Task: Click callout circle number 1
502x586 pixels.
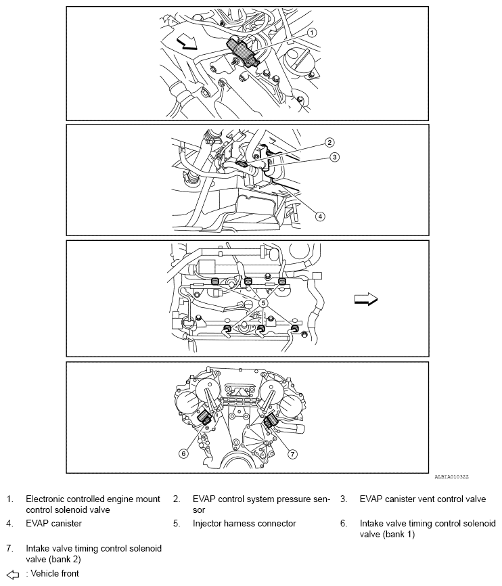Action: point(312,32)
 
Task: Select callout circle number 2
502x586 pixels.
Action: point(329,143)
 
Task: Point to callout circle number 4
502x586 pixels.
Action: point(321,217)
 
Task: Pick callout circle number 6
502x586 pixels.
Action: point(183,453)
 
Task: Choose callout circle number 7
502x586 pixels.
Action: point(293,453)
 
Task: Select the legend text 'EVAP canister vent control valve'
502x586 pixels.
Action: point(423,499)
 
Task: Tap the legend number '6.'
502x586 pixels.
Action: point(344,523)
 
